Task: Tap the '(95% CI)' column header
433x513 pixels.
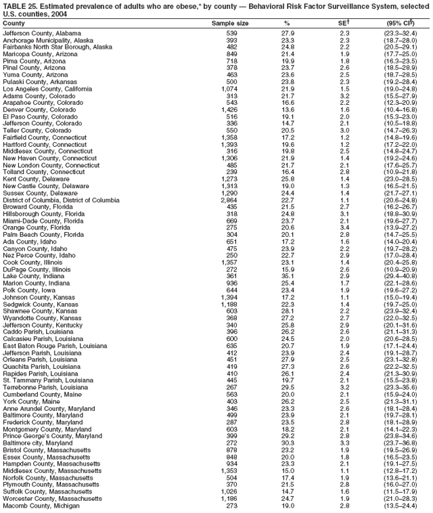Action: click(401, 23)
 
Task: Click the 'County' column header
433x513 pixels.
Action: click(14, 23)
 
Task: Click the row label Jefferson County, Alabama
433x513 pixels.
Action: click(42, 32)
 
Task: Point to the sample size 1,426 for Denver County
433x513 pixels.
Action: click(229, 110)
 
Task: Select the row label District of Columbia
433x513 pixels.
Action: click(61, 200)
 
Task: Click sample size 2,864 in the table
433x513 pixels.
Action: click(229, 200)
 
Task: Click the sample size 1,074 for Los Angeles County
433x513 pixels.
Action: click(229, 89)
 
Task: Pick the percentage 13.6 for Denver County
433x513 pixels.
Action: click(288, 110)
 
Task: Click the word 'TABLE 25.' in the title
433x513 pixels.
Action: click(18, 5)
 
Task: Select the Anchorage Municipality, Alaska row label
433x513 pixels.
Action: click(48, 40)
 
